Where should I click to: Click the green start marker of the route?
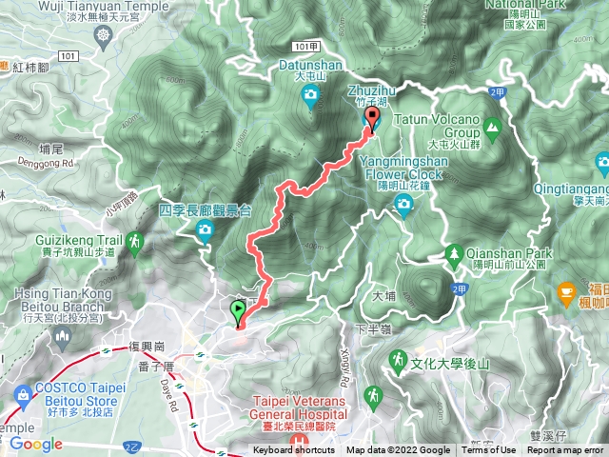(x=237, y=310)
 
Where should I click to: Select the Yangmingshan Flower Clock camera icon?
(x=404, y=202)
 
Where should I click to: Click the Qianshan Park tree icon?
(x=454, y=254)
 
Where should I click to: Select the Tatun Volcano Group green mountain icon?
(x=492, y=126)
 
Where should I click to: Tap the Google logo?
(x=35, y=444)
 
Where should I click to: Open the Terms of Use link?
(x=488, y=450)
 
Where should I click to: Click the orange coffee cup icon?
(x=567, y=288)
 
